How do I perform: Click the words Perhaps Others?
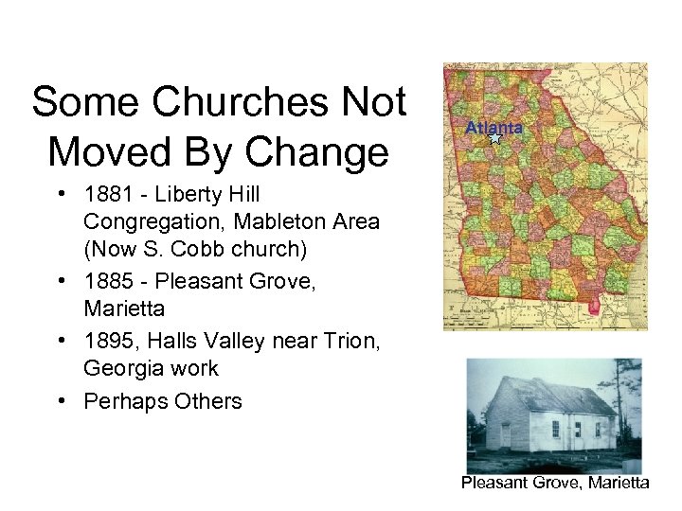tap(163, 401)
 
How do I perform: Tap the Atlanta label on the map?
tap(494, 128)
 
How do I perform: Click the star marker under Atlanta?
tap(494, 138)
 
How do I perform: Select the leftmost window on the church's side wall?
tap(556, 429)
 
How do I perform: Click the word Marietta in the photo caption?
tap(616, 483)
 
